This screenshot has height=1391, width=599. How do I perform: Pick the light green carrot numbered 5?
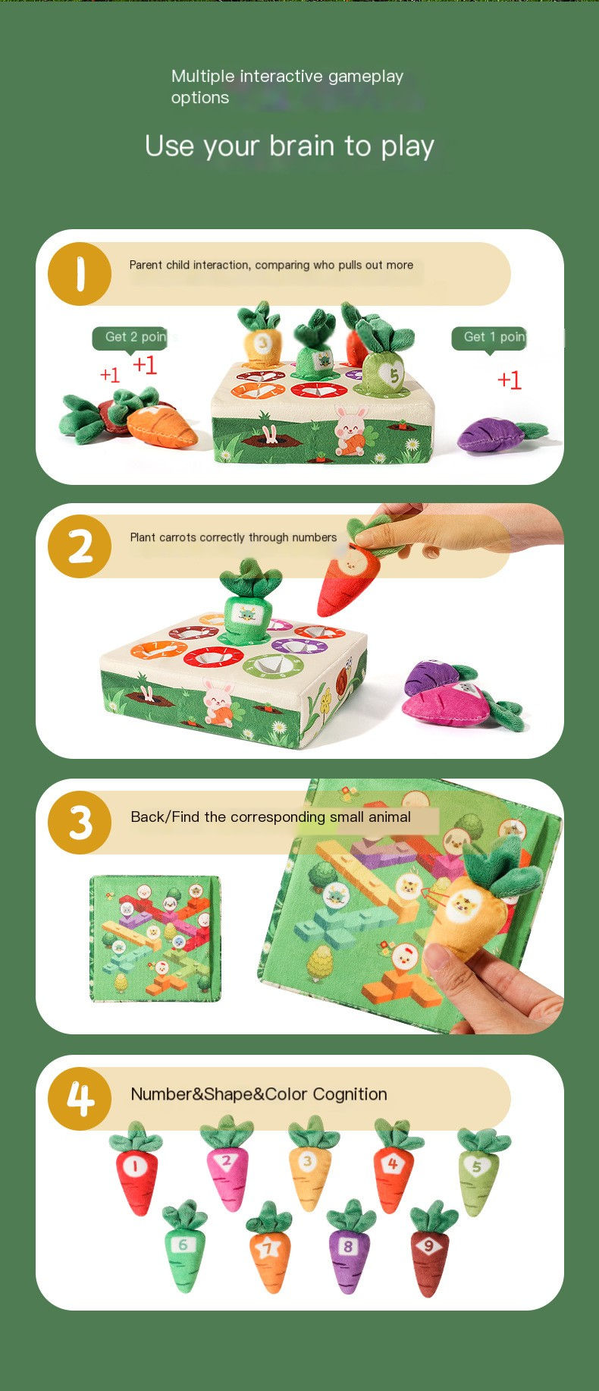[x=478, y=1172]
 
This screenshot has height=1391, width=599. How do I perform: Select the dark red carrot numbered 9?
[x=430, y=1252]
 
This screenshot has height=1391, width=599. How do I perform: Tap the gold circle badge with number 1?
[x=80, y=274]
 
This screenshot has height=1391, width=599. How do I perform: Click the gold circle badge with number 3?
[x=80, y=823]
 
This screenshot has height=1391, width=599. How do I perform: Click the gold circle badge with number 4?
[x=80, y=1099]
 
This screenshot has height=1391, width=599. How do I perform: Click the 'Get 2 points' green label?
[x=130, y=338]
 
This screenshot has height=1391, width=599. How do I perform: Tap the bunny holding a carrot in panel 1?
[x=350, y=430]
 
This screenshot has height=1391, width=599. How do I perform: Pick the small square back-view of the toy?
[x=155, y=938]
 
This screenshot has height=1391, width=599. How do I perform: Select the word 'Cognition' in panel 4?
[x=350, y=1094]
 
